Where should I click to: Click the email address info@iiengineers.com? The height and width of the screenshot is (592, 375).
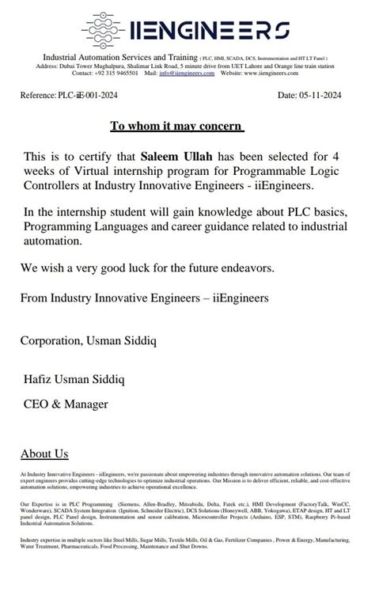pos(186,73)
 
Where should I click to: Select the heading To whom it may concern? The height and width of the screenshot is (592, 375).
pos(176,127)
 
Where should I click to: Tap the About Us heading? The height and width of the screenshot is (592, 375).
pos(44,453)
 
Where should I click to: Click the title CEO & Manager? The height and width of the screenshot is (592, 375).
pos(66,404)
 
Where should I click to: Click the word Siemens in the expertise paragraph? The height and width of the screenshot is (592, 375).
pos(126,503)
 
